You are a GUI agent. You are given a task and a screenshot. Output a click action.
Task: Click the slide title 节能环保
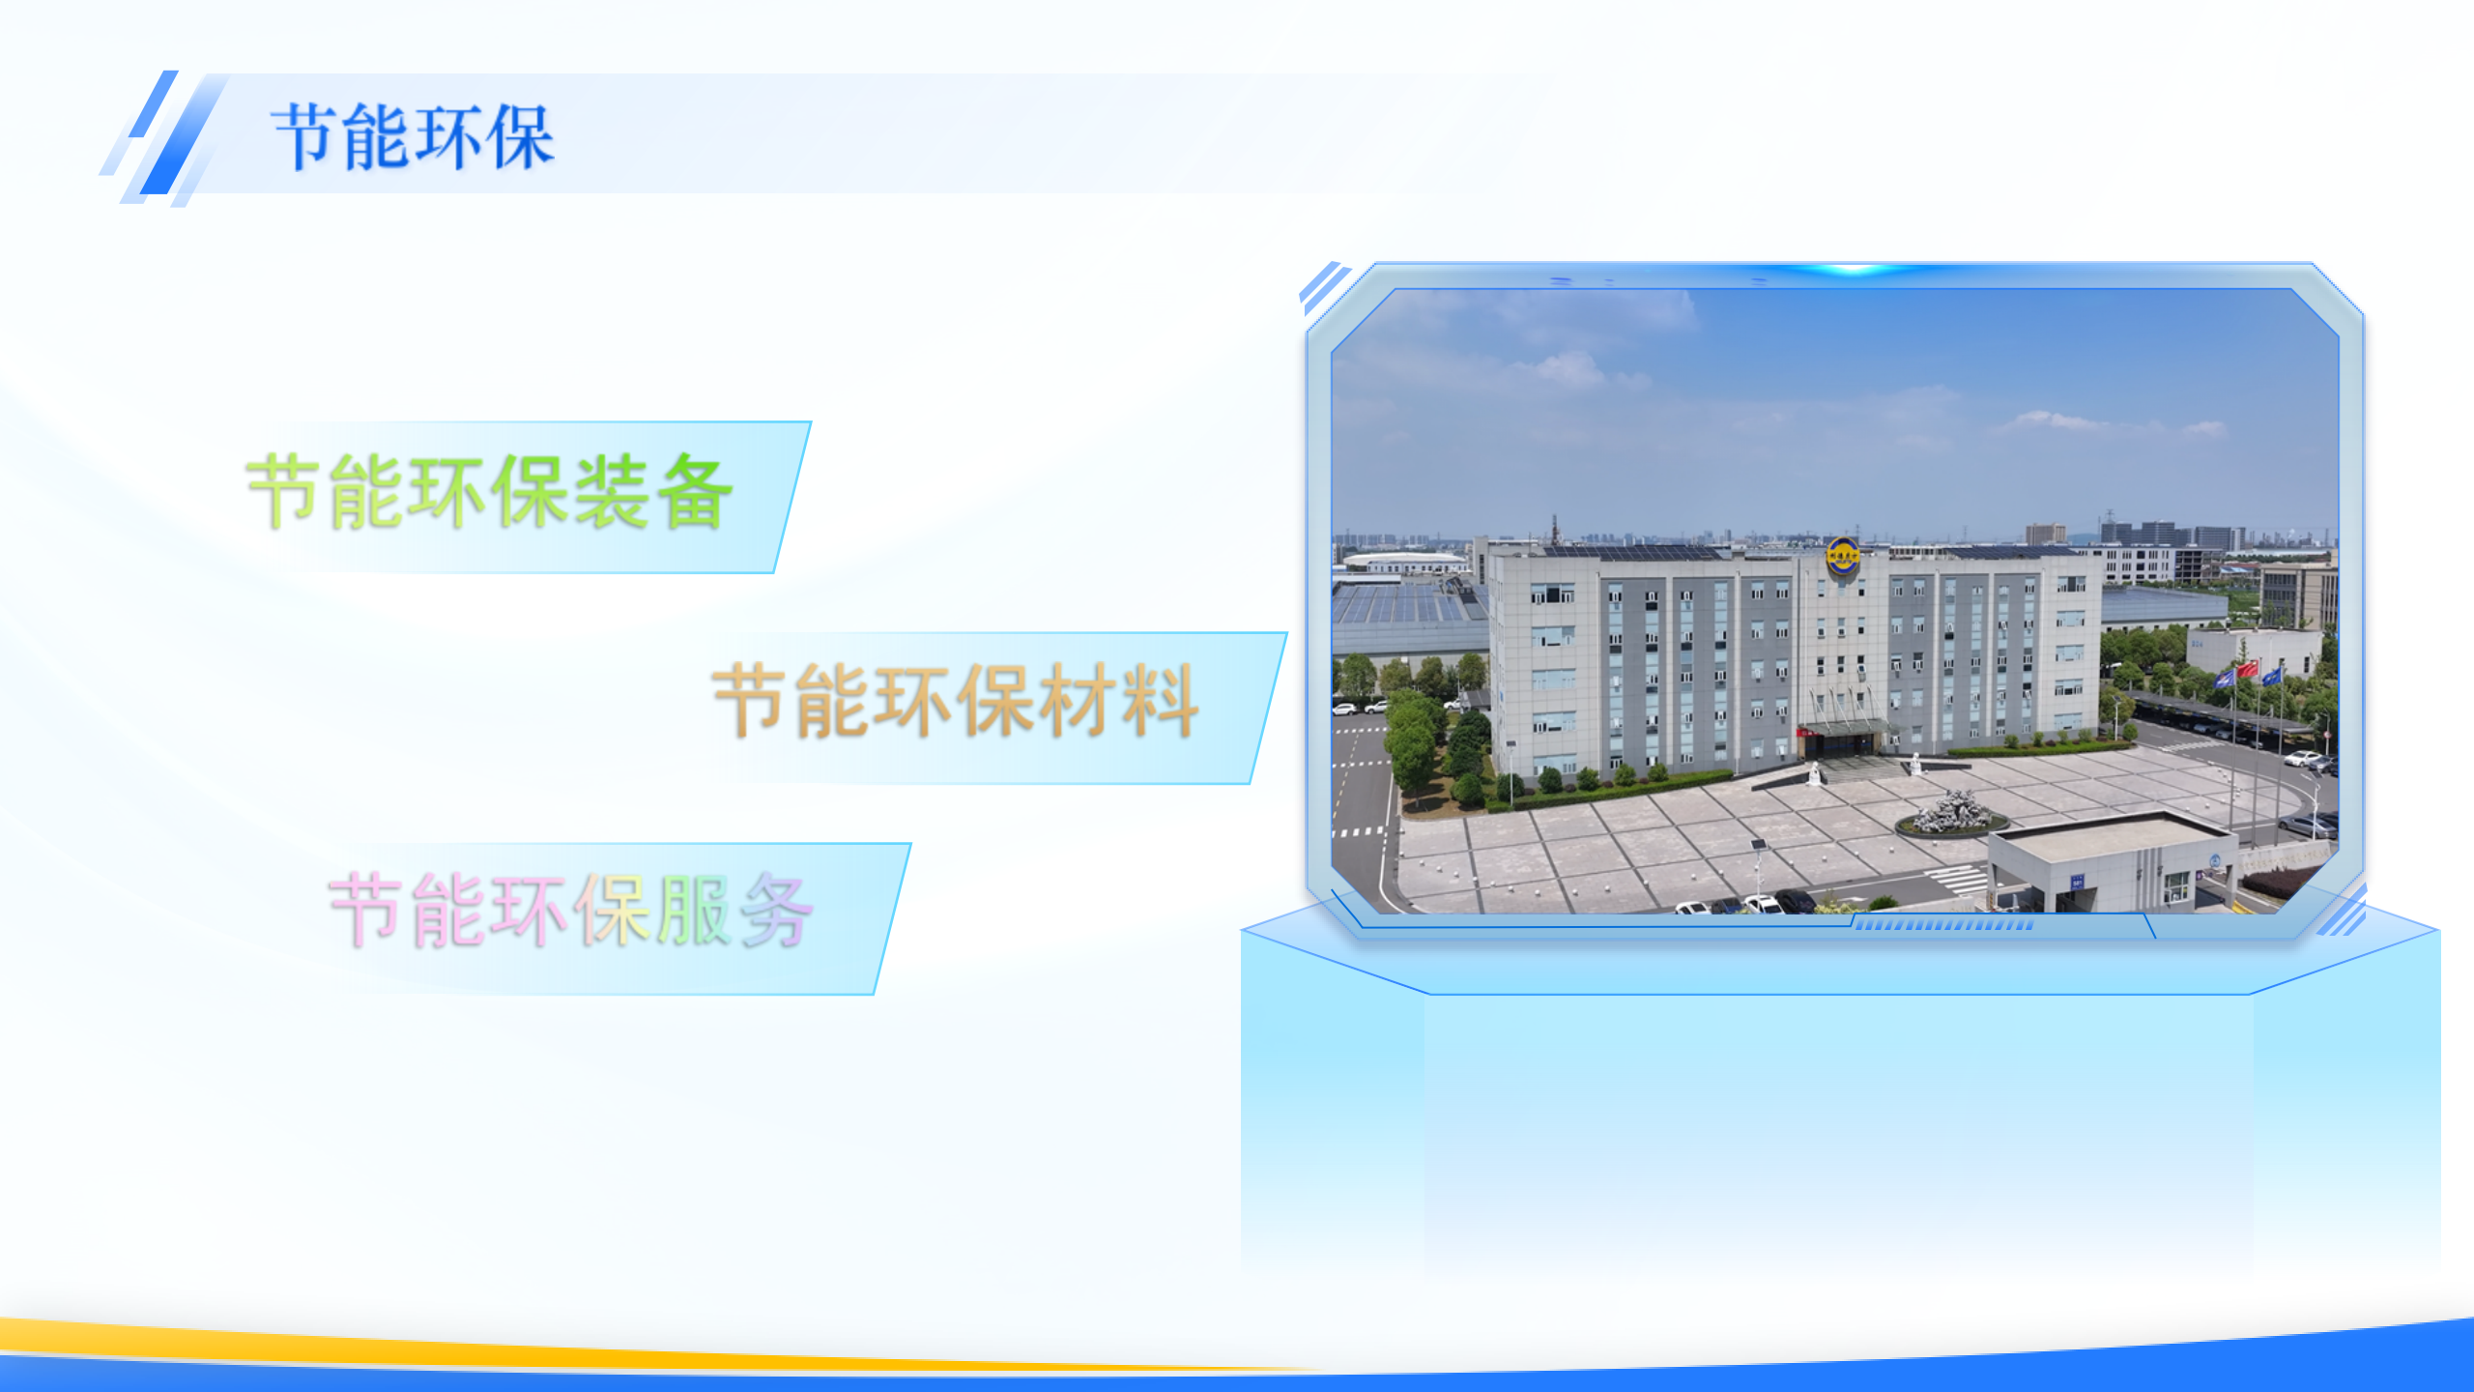pos(414,136)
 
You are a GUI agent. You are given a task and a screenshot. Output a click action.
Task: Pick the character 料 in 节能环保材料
pos(1161,701)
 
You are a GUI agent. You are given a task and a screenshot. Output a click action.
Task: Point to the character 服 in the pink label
pos(693,910)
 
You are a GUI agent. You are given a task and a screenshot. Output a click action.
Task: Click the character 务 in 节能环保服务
pos(776,910)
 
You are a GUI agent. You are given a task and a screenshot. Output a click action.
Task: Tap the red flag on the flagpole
pos(2247,669)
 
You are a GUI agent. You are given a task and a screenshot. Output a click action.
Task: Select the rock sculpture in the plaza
pos(1951,812)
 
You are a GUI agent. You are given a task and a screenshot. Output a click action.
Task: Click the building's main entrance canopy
pos(1844,726)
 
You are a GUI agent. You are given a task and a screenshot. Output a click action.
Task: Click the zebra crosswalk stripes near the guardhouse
pos(1958,880)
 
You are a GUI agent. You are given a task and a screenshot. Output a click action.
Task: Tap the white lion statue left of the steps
pos(1815,773)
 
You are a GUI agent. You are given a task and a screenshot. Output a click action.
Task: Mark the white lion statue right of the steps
pos(1915,765)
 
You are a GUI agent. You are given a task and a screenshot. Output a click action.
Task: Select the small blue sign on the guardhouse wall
pos(2077,881)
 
